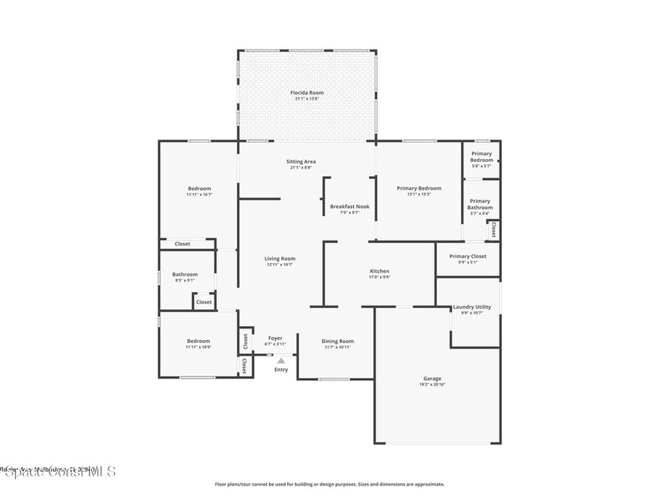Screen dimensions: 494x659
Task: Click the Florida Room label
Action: (x=306, y=93)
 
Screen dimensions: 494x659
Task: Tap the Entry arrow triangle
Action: (x=281, y=361)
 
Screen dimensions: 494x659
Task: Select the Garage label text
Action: (x=432, y=378)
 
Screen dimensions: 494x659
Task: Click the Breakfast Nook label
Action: (x=349, y=206)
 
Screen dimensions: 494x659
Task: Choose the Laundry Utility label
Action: (x=472, y=307)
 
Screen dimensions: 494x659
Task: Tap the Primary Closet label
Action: (x=468, y=256)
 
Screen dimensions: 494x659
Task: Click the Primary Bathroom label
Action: (x=479, y=204)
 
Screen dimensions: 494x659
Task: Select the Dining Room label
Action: (x=338, y=342)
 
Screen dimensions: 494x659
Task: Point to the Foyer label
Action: (x=275, y=338)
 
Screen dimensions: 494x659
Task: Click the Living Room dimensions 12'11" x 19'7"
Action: (x=280, y=264)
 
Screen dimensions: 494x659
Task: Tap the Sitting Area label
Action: (x=301, y=161)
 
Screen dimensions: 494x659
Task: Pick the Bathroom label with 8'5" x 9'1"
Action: (x=185, y=275)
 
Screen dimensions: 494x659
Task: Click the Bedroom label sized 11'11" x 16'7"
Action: (x=199, y=188)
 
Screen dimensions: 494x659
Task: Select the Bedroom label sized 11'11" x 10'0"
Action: (x=198, y=342)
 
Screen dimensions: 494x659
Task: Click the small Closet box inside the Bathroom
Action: (x=204, y=302)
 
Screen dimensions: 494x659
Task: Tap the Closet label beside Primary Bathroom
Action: (x=494, y=230)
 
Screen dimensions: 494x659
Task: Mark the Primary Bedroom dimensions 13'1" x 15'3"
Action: (x=419, y=194)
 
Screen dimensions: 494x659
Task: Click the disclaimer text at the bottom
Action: (x=329, y=484)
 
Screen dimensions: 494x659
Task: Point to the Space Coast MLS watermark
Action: (x=58, y=473)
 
